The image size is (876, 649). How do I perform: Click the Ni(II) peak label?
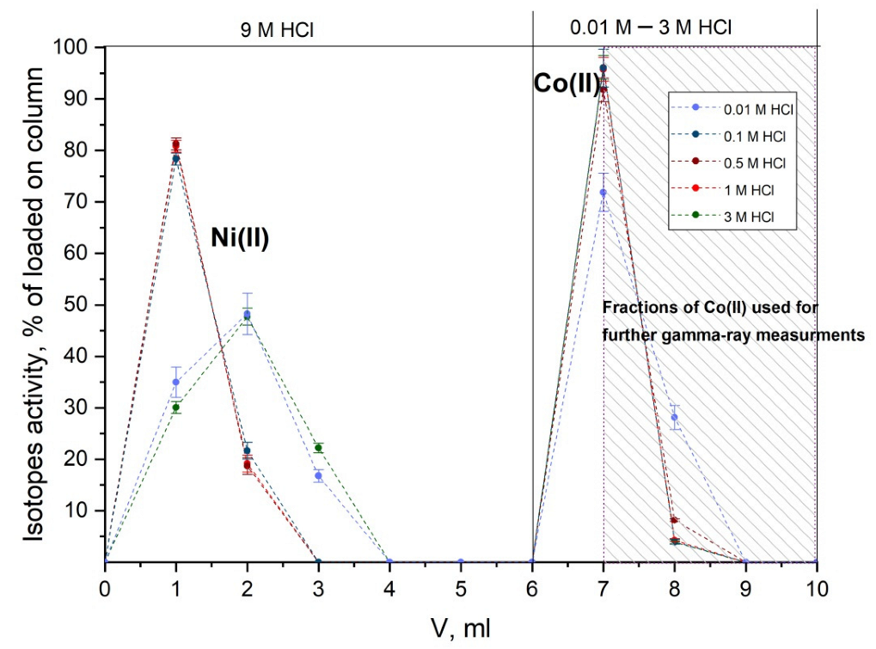click(241, 238)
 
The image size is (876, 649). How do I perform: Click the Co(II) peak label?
click(567, 84)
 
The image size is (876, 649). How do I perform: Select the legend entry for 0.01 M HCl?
click(744, 110)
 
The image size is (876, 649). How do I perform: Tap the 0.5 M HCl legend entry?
click(744, 162)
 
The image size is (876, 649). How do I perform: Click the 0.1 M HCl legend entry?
click(744, 136)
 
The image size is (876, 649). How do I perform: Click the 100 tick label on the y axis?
click(75, 47)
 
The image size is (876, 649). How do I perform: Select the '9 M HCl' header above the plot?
click(276, 28)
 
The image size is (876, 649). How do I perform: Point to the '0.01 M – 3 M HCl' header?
click(651, 27)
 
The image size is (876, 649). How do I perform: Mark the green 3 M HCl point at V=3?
click(319, 447)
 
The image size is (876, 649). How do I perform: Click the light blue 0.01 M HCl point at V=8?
click(675, 417)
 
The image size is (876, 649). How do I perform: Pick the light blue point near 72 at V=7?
click(603, 193)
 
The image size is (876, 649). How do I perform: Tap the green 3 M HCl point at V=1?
click(176, 407)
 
